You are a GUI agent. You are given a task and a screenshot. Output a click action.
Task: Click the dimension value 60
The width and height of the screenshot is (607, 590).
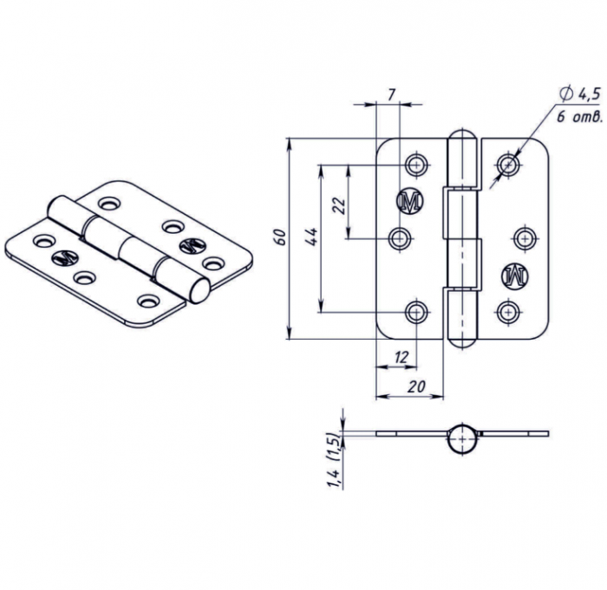click(x=281, y=237)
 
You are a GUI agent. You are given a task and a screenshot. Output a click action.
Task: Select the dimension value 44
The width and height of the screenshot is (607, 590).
click(x=311, y=237)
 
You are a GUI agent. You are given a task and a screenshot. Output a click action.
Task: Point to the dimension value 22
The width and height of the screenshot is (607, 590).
click(x=339, y=205)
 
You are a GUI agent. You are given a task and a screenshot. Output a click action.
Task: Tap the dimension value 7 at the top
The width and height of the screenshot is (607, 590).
click(x=391, y=94)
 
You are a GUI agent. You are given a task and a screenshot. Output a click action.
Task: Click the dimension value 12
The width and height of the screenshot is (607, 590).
click(x=401, y=357)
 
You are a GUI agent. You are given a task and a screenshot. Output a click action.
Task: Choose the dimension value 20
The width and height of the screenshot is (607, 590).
click(x=416, y=386)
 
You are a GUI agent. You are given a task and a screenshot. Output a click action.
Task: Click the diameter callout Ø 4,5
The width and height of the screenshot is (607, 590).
click(x=579, y=94)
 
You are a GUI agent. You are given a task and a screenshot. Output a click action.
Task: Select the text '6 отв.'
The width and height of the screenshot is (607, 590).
click(x=579, y=116)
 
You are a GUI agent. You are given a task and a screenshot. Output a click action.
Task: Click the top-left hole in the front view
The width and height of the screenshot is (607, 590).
click(x=416, y=165)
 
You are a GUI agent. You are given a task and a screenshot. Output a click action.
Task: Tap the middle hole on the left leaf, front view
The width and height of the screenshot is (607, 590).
click(x=400, y=238)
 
